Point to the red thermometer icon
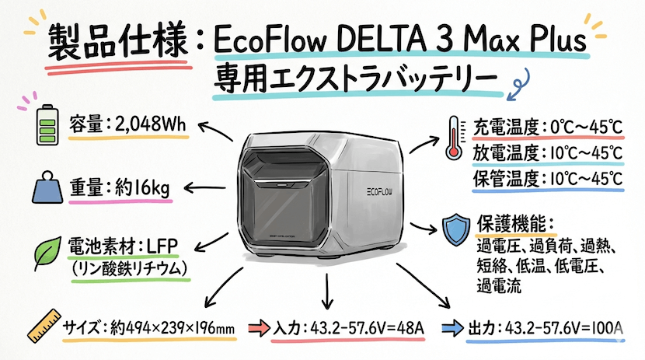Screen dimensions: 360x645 click(452, 137)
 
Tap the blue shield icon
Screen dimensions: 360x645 click(455, 227)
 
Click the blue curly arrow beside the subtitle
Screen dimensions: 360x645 click(516, 81)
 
